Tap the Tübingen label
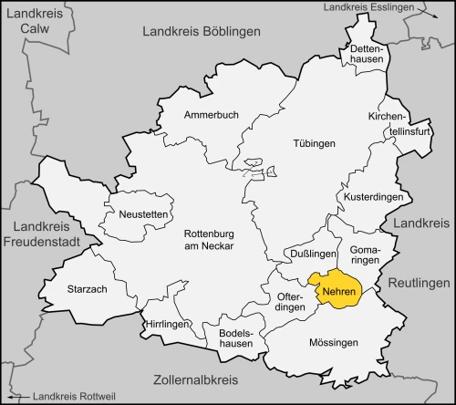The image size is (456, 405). [315, 144]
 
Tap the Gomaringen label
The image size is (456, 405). [365, 254]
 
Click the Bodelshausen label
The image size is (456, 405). [234, 339]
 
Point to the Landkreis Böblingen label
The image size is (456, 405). [202, 31]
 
